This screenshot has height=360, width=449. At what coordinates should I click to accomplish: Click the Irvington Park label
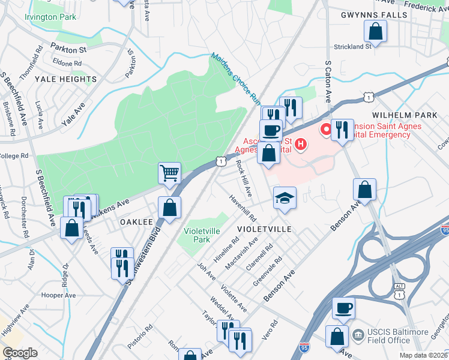point(50,17)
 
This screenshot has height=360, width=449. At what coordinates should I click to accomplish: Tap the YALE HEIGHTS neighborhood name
point(65,79)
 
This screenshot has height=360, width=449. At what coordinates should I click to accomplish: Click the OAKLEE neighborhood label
point(136,222)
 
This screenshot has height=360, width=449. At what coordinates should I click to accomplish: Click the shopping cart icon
point(170,173)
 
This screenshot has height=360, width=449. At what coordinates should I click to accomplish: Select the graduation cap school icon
point(285,197)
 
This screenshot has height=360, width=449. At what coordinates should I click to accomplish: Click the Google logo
point(20,353)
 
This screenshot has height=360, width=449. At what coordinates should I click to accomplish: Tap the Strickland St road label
point(352,46)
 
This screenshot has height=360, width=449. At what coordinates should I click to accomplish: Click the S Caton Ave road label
point(328,80)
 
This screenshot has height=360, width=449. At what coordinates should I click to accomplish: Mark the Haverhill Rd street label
point(243,207)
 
